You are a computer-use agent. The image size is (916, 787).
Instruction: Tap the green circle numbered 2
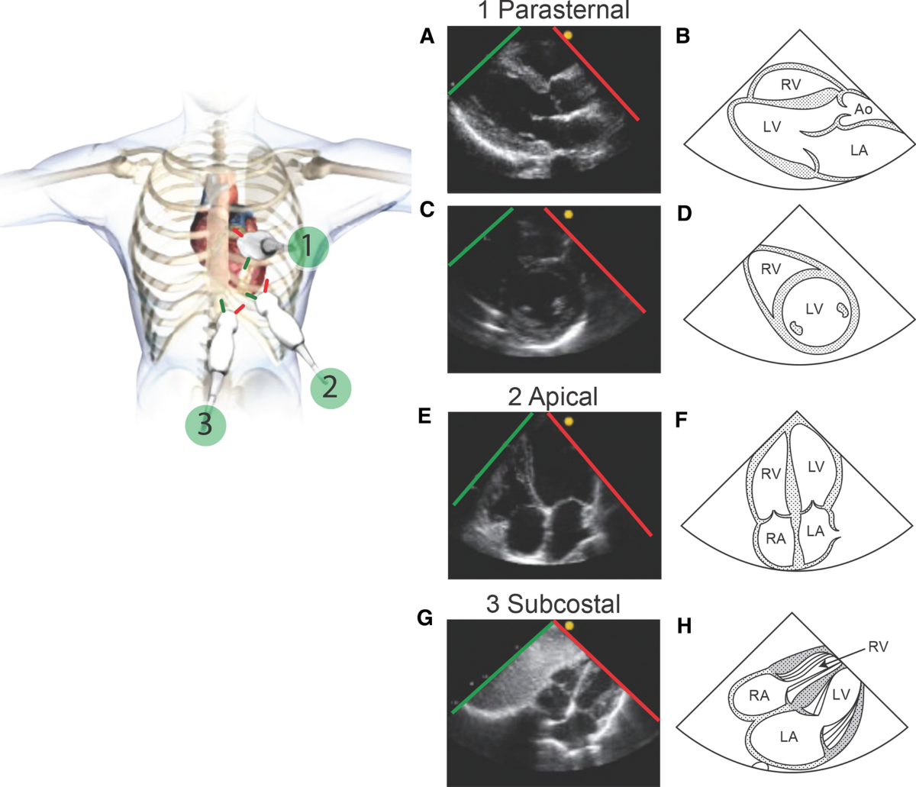(x=330, y=388)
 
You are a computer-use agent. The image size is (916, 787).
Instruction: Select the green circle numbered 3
(x=205, y=424)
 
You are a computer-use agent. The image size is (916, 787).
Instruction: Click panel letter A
(x=427, y=36)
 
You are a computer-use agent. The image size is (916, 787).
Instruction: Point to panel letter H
(x=684, y=627)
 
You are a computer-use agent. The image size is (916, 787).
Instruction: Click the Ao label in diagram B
(x=863, y=110)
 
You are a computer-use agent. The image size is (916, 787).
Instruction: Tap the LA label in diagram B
(x=859, y=150)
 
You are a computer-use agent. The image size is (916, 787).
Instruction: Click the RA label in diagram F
(x=776, y=538)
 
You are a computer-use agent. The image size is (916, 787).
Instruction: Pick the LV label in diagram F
(x=816, y=466)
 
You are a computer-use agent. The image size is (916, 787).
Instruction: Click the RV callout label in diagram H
(x=878, y=647)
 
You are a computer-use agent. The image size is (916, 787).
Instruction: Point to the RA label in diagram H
(x=759, y=695)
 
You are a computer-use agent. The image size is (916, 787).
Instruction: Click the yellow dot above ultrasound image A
(x=568, y=35)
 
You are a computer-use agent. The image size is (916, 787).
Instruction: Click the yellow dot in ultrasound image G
(x=568, y=626)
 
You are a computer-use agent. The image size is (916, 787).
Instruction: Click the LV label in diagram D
(x=814, y=308)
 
